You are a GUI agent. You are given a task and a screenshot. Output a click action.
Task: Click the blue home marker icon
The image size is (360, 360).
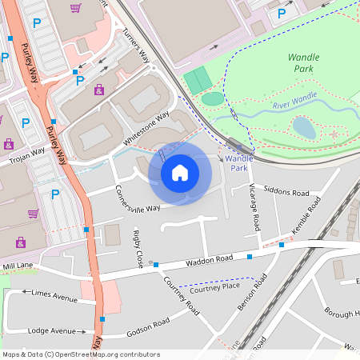(180, 172)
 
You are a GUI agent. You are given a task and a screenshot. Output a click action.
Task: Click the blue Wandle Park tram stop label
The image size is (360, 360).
(239, 163)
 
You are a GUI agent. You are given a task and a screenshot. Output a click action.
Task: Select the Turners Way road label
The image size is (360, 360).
(135, 47)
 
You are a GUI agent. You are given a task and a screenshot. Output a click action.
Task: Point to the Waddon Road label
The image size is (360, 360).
(210, 259)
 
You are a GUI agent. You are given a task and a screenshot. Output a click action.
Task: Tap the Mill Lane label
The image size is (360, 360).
(18, 265)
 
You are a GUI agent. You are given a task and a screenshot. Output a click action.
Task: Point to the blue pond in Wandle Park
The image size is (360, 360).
(304, 127)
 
